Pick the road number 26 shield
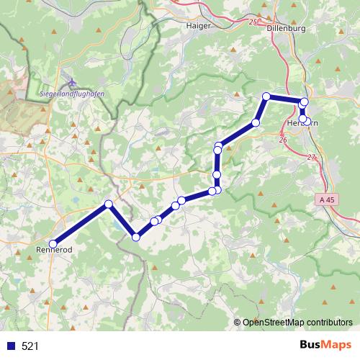coord(282,139)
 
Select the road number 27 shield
coord(310,157)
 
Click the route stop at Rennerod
coord(53,243)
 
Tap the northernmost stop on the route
coord(266,96)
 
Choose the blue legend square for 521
coord(11,346)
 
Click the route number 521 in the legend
coord(30,346)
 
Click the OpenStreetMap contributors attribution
coord(297,322)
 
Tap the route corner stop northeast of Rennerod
coord(109,204)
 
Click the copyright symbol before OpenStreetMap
coord(238,322)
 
